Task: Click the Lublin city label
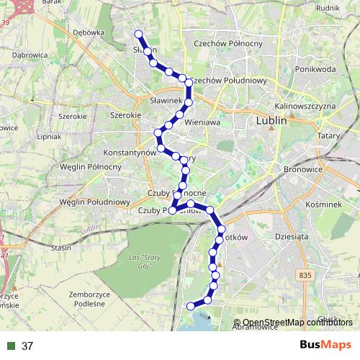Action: (x=271, y=122)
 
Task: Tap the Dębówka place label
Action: (x=89, y=32)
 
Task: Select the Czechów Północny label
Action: (x=228, y=44)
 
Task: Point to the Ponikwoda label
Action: (x=315, y=69)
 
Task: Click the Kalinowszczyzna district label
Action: (x=306, y=106)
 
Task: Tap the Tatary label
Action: (x=328, y=135)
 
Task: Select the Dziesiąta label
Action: (x=292, y=235)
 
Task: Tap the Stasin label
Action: (x=61, y=248)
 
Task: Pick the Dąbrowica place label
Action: (x=29, y=55)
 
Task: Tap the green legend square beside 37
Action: (x=12, y=346)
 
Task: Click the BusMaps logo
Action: (x=325, y=345)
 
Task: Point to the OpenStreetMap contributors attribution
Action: (x=297, y=322)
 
